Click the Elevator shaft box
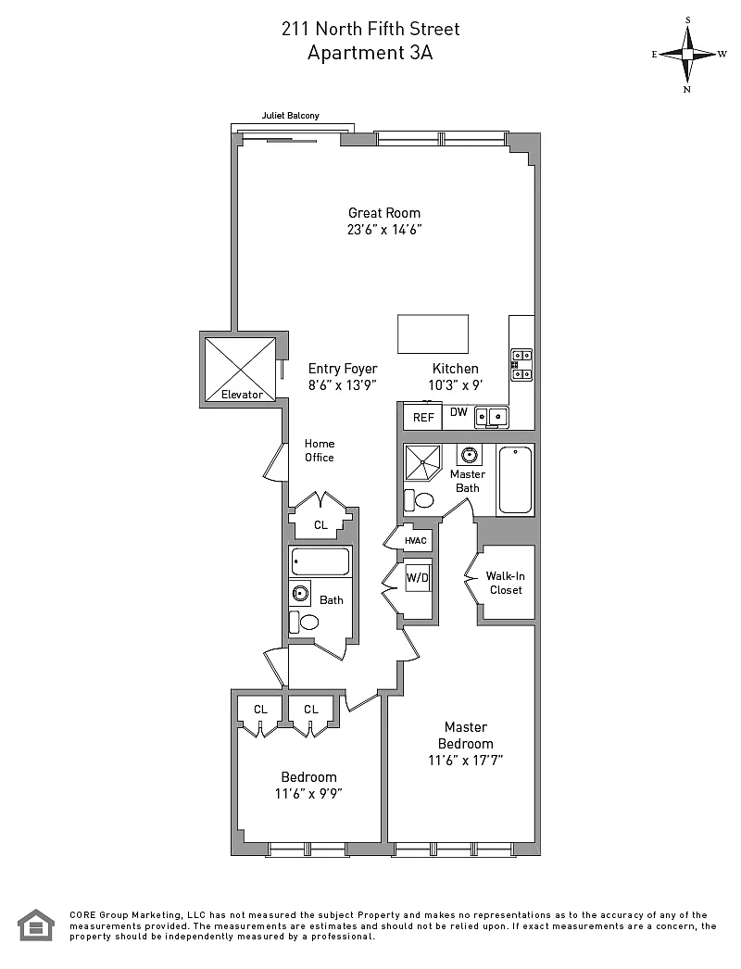click(240, 369)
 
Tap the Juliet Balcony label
click(291, 116)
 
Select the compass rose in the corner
click(688, 55)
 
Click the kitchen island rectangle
click(433, 333)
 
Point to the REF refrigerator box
click(423, 417)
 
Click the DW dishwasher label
click(458, 412)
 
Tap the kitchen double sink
click(491, 417)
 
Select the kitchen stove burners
click(521, 365)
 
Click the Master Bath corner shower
click(422, 462)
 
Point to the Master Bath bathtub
click(515, 480)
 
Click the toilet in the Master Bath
click(419, 499)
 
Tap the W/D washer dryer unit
click(417, 578)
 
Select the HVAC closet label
click(416, 541)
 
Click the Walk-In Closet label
click(506, 583)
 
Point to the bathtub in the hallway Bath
click(320, 561)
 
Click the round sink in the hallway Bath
click(301, 593)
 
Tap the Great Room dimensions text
click(384, 230)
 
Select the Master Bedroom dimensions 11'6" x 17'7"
click(465, 761)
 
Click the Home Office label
click(319, 450)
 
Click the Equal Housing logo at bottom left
click(36, 925)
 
